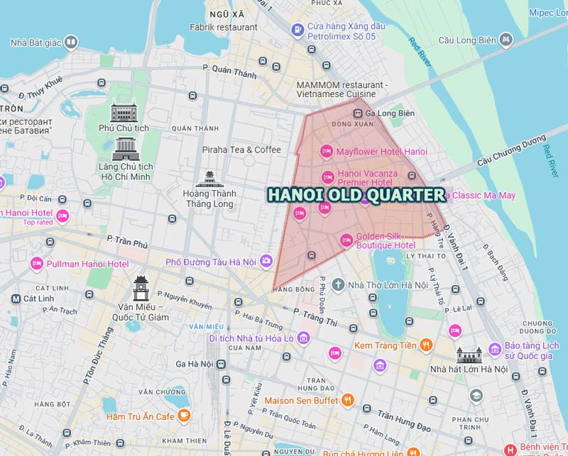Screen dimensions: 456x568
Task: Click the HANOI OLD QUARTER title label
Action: (356, 194)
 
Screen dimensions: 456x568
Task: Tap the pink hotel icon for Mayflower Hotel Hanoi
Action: (327, 151)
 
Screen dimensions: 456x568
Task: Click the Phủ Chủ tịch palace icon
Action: (124, 112)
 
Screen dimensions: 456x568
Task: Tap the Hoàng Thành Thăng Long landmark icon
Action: (209, 179)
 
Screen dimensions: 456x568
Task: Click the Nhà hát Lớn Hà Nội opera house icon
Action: (469, 355)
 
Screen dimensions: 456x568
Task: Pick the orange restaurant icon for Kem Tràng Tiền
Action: (426, 345)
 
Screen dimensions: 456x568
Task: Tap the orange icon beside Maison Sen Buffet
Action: (348, 400)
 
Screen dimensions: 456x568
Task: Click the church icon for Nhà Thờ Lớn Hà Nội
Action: (338, 285)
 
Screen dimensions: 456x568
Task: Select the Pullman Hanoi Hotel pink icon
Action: (36, 264)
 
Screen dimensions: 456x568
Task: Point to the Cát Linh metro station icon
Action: (16, 299)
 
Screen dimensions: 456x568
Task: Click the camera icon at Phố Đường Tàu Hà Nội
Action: (266, 262)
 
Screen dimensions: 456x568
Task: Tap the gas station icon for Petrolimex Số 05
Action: (297, 30)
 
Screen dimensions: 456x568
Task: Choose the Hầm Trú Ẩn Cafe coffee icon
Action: (184, 416)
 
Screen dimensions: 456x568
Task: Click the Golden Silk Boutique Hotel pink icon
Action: (346, 240)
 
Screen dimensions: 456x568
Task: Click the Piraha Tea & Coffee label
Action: (241, 150)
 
